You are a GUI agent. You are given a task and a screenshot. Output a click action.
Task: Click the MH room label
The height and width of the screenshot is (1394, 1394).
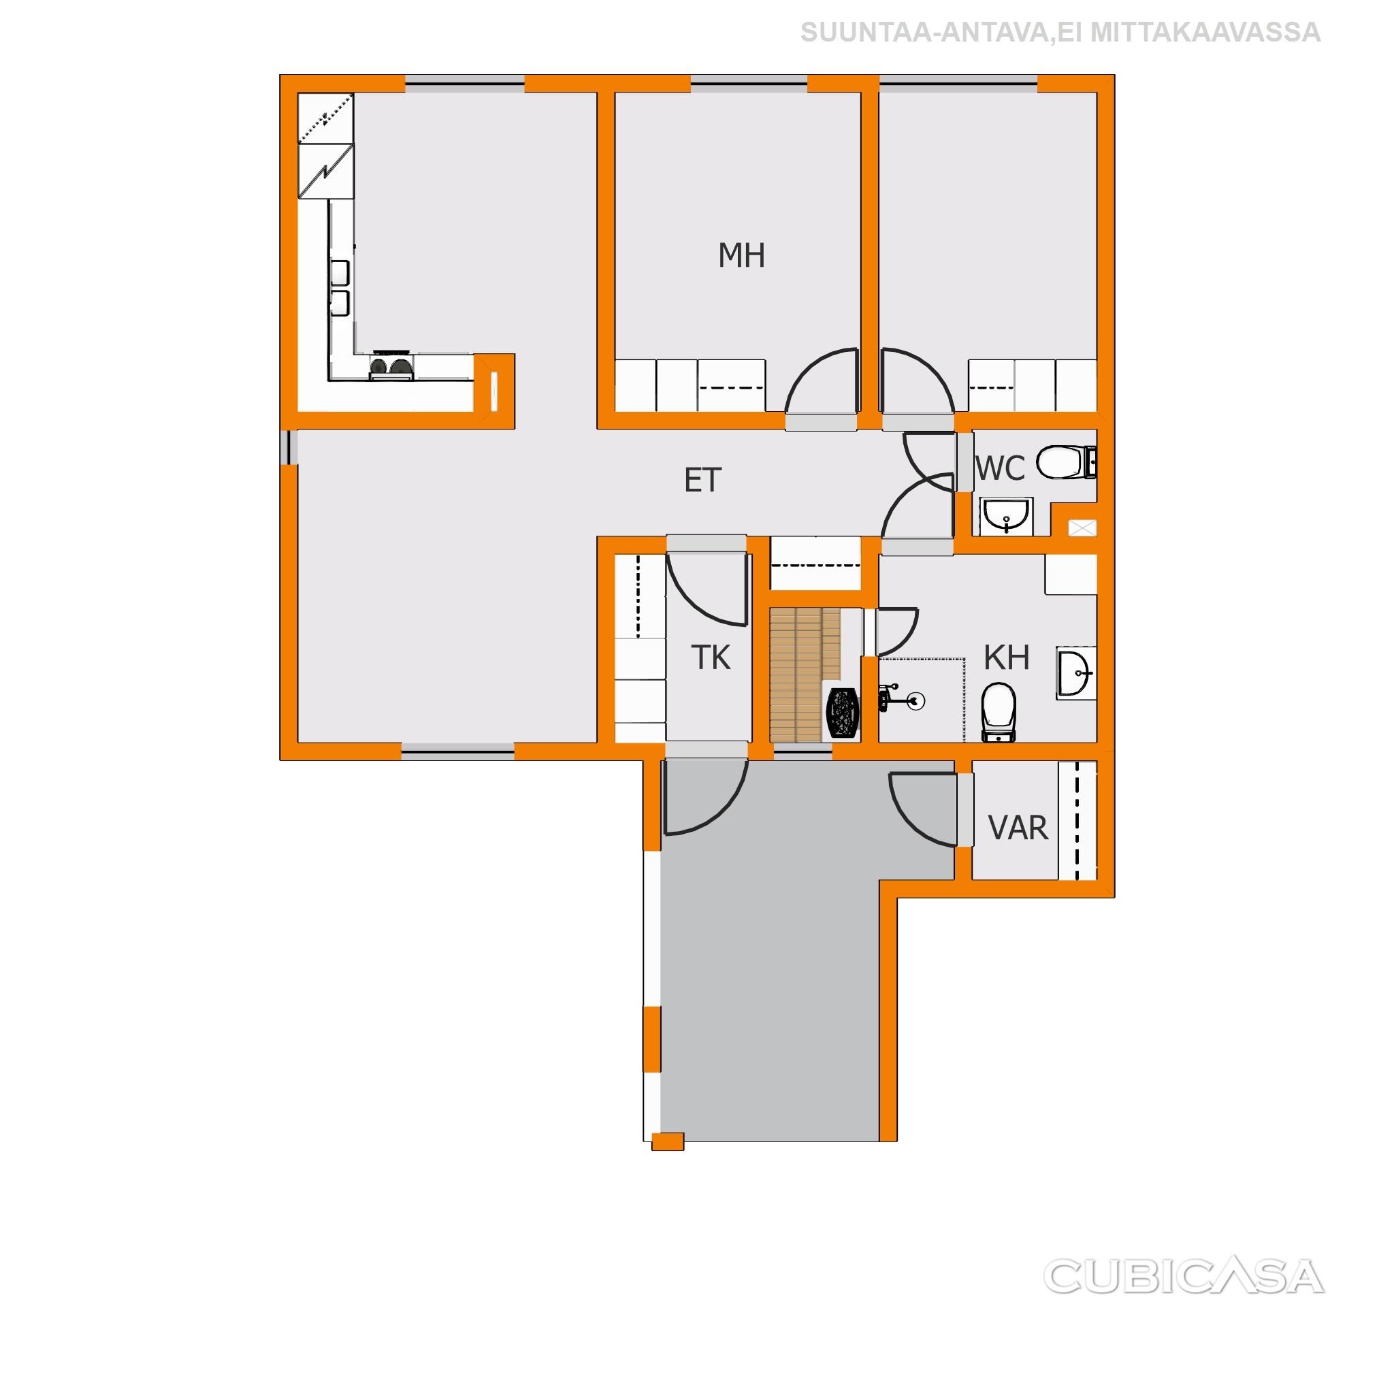pos(741,256)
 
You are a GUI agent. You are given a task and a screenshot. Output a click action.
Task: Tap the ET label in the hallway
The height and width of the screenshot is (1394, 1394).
pos(702,481)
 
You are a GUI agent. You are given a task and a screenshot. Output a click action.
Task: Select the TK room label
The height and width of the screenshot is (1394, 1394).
pos(711,658)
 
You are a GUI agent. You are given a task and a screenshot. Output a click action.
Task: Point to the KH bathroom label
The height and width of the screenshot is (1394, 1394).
pos(1007,658)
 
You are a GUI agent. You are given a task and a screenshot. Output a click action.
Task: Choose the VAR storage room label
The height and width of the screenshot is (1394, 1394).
pos(1018,828)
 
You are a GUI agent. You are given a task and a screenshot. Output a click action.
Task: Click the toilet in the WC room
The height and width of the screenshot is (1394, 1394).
pos(1065,461)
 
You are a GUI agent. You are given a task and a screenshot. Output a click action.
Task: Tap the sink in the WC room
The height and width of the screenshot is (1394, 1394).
pos(1006,516)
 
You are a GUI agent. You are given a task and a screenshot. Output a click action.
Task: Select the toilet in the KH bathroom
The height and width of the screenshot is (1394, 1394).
pos(999,711)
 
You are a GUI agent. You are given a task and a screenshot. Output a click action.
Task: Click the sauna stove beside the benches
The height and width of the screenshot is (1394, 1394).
pos(842,712)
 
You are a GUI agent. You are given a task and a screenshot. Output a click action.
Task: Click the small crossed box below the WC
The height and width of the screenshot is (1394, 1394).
pos(1082,528)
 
